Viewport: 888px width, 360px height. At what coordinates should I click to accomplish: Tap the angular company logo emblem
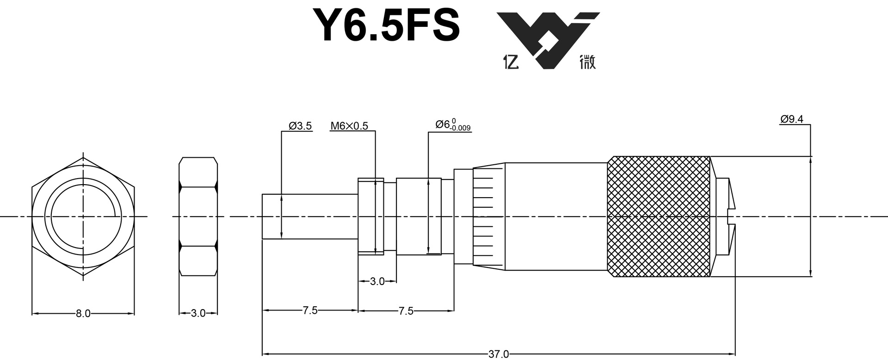[x=548, y=40]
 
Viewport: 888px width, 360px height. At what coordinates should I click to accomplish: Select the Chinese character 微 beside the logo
[x=587, y=62]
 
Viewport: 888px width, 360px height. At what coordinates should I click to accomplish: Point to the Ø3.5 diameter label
[x=300, y=126]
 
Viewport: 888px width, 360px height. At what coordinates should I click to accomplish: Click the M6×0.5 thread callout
[x=349, y=126]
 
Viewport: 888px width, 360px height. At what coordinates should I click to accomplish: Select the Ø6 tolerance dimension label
[x=453, y=125]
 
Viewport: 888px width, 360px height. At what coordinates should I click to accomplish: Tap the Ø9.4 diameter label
[x=792, y=119]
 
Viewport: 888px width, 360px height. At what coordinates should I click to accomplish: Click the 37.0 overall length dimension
[x=498, y=354]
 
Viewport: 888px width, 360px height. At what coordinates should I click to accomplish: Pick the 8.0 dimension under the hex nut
[x=83, y=313]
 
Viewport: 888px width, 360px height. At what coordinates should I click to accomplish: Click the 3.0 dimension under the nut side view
[x=198, y=313]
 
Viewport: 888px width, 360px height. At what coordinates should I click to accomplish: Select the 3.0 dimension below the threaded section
[x=377, y=281]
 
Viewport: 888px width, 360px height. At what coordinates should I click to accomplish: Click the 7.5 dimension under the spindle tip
[x=310, y=310]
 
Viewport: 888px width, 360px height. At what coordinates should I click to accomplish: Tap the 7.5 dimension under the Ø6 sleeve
[x=406, y=311]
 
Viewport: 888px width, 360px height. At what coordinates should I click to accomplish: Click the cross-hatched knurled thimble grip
[x=659, y=217]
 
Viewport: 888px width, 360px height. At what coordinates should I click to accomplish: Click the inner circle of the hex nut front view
[x=83, y=216]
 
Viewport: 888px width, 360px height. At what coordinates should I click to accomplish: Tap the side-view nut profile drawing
[x=198, y=216]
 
